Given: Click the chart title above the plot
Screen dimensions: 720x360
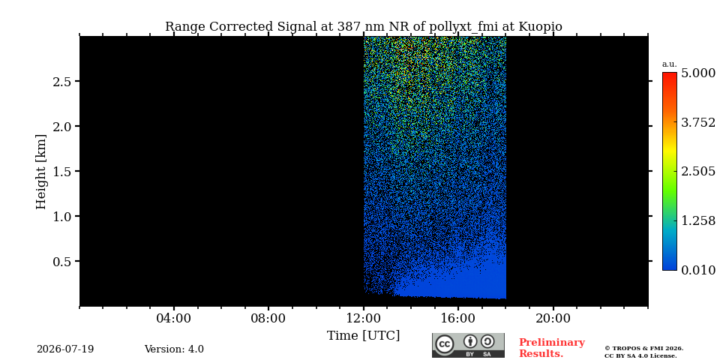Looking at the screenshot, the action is [363, 27].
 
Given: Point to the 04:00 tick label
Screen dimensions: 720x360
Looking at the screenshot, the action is [173, 318].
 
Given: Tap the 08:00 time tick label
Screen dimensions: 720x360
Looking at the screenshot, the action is [268, 318].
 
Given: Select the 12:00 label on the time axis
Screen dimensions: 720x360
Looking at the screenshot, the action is [364, 318].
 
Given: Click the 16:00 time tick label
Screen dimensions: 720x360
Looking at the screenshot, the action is [457, 318].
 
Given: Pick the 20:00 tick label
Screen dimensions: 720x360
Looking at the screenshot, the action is [553, 318].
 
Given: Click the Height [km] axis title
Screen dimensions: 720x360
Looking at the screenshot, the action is [41, 172].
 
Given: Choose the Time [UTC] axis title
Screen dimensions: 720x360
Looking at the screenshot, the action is [363, 336].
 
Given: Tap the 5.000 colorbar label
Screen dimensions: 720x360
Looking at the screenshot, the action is [698, 73].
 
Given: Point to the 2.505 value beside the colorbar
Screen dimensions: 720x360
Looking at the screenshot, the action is [698, 172].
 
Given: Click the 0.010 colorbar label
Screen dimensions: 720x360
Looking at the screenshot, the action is [698, 270].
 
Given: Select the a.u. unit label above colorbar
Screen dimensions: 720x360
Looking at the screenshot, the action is [670, 64].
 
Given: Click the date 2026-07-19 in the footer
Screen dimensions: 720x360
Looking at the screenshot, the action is [65, 349].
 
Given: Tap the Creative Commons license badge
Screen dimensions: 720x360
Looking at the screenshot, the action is [468, 345].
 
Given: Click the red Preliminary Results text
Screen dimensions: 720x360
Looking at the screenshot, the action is [552, 348].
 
